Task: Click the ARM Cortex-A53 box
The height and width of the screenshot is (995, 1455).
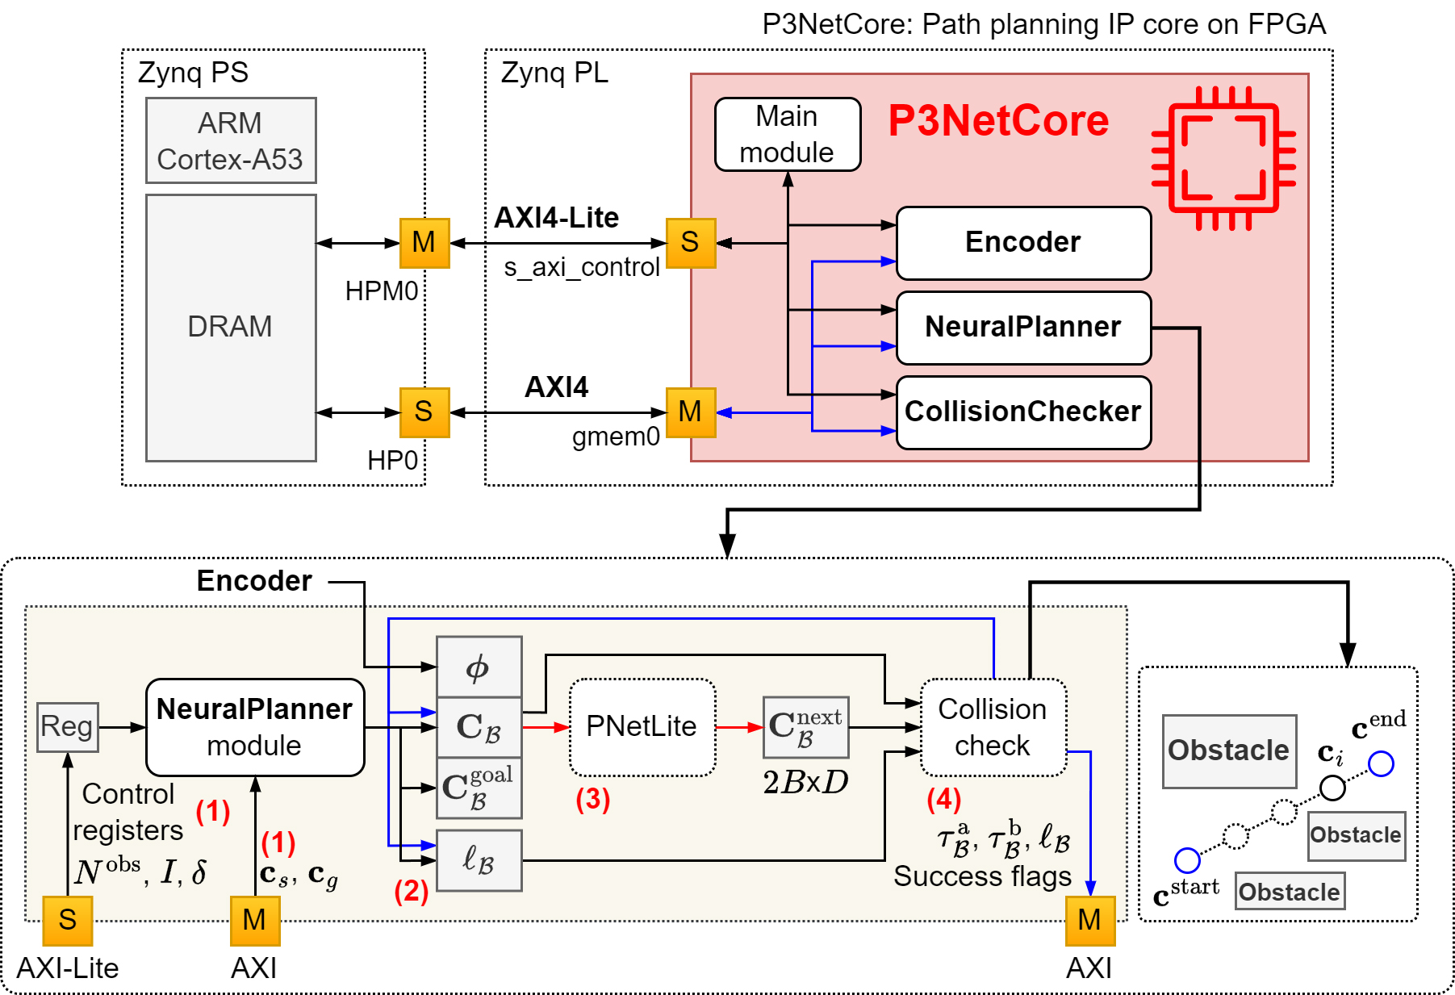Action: [231, 140]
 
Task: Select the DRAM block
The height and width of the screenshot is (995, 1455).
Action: [231, 328]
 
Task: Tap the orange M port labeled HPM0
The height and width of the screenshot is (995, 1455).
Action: [424, 243]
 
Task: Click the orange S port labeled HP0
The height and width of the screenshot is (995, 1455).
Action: [424, 412]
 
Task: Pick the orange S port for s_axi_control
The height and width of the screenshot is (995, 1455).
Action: [690, 243]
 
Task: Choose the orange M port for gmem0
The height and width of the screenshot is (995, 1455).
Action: [690, 412]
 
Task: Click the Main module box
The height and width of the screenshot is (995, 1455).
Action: [787, 135]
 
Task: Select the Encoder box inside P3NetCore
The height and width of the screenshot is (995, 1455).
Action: [1022, 243]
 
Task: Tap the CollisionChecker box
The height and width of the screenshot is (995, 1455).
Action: [1022, 412]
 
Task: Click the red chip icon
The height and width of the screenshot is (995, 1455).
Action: [1223, 158]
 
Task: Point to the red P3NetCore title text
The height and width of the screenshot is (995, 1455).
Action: [998, 121]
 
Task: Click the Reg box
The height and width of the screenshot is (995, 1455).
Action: [68, 727]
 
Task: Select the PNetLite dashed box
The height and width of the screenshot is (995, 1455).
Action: [642, 727]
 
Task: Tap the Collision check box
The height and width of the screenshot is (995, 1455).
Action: [993, 727]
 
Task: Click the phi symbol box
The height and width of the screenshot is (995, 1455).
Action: [479, 667]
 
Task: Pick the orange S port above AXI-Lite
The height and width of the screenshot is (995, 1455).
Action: [68, 920]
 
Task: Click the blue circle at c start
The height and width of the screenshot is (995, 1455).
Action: [1187, 860]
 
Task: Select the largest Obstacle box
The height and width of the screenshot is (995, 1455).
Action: [1228, 751]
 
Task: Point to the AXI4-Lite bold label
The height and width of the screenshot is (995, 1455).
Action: [556, 218]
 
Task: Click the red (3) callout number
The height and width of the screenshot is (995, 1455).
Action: [592, 800]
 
